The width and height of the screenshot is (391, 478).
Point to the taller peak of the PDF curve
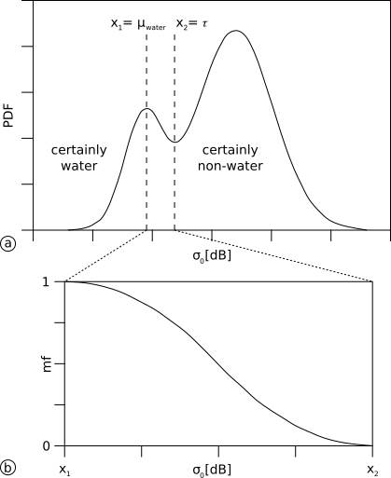pos(236,31)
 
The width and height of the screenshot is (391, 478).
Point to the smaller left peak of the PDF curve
pos(146,109)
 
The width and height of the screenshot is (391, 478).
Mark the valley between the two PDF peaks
pos(174,141)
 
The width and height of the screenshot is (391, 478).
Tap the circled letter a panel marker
pos(9,244)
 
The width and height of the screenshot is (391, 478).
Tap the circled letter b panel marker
pos(9,468)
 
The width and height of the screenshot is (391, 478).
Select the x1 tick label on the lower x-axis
pos(64,469)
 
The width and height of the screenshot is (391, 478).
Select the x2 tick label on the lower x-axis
pos(372,469)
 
